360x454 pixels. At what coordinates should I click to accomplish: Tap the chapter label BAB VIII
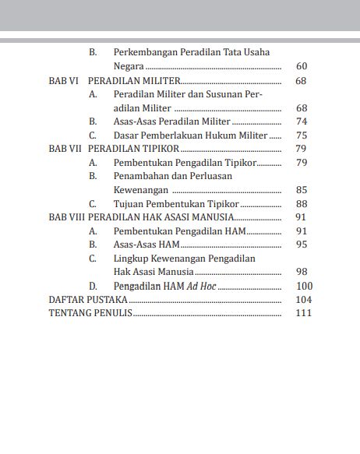click(x=66, y=217)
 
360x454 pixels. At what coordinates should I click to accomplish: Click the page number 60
click(x=302, y=66)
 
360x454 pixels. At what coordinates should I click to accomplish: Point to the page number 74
click(x=302, y=121)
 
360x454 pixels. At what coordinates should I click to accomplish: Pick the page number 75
click(x=302, y=135)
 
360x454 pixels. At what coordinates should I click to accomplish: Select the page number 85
click(x=302, y=190)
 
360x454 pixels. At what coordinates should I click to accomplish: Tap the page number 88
click(x=302, y=204)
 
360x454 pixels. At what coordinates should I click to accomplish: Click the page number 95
click(x=302, y=245)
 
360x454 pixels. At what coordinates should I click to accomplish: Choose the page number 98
click(x=302, y=272)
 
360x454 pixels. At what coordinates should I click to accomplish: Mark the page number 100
click(x=305, y=286)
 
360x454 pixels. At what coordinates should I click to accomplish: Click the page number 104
click(x=304, y=300)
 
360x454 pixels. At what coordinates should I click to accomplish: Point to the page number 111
click(x=304, y=313)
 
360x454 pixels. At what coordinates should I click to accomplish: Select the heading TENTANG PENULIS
click(x=90, y=313)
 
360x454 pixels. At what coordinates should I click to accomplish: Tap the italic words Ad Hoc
click(x=202, y=286)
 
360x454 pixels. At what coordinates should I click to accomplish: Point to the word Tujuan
click(x=129, y=204)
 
